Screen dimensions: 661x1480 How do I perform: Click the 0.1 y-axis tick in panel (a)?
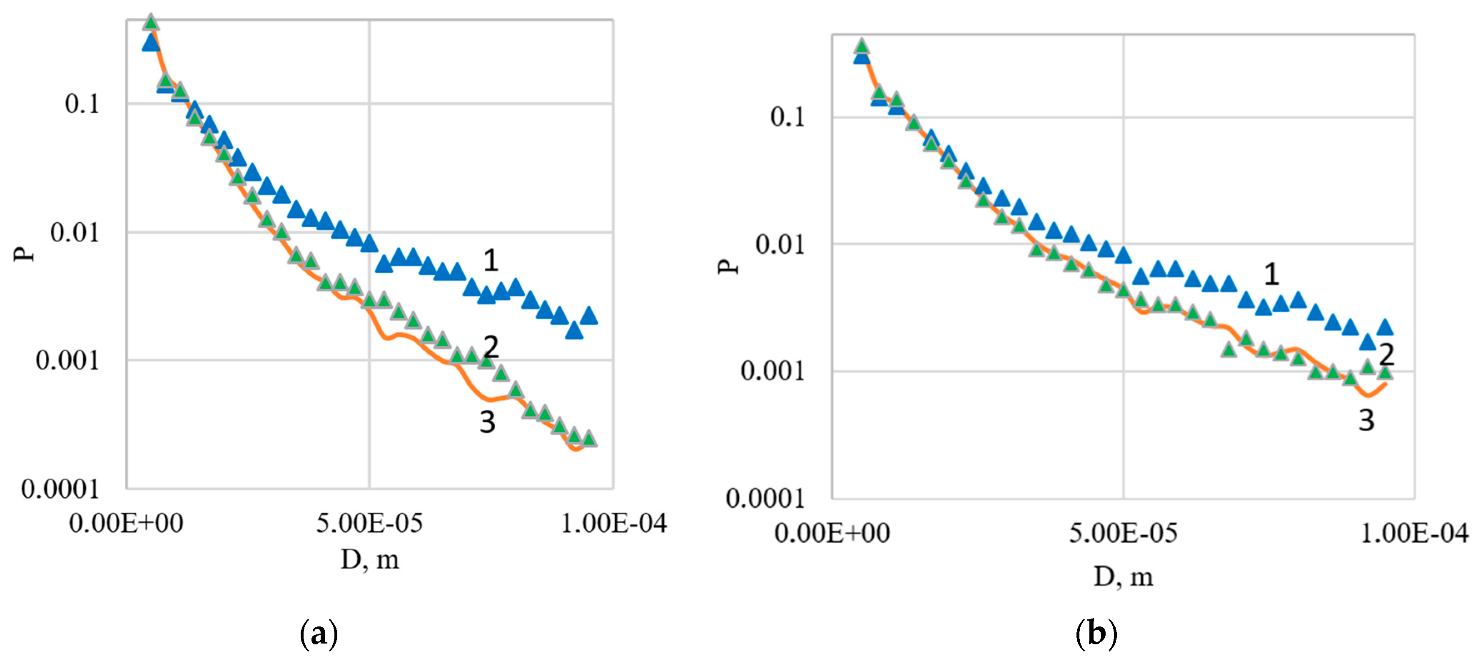pyautogui.click(x=82, y=104)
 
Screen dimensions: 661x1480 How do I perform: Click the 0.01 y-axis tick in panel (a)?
pyautogui.click(x=75, y=233)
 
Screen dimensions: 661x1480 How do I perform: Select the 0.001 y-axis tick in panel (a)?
pyautogui.click(x=67, y=360)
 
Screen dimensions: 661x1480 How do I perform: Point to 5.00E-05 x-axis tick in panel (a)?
pyautogui.click(x=369, y=523)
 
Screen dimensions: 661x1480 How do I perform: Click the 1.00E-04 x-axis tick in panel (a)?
pyautogui.click(x=613, y=523)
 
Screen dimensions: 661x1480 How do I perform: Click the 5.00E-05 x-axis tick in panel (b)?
pyautogui.click(x=1123, y=534)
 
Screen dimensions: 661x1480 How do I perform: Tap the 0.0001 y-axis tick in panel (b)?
pyautogui.click(x=765, y=498)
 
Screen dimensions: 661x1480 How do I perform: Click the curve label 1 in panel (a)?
pyautogui.click(x=490, y=261)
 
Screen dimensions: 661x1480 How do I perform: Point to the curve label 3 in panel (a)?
pyautogui.click(x=487, y=422)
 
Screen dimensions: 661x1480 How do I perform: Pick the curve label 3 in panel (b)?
pyautogui.click(x=1366, y=420)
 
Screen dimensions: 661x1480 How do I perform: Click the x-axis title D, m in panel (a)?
pyautogui.click(x=369, y=559)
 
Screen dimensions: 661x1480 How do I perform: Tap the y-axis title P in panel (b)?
pyautogui.click(x=728, y=266)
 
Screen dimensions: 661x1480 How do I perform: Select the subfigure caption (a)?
pyautogui.click(x=319, y=634)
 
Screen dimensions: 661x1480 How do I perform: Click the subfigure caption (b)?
pyautogui.click(x=1096, y=634)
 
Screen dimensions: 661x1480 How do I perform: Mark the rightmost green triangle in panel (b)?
pyautogui.click(x=1385, y=373)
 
